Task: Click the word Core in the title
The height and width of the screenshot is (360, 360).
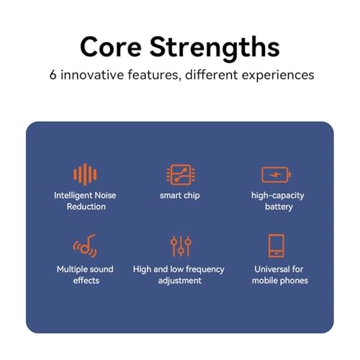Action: point(111,47)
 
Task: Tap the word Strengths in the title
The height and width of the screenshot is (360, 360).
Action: point(215,48)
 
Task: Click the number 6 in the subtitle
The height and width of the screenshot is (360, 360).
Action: point(53,75)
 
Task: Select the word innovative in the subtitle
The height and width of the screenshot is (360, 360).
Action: point(92,75)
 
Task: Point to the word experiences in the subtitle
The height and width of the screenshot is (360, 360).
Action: point(278,76)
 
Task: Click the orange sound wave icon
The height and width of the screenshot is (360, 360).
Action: point(85,174)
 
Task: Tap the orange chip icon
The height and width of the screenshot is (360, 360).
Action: point(181,175)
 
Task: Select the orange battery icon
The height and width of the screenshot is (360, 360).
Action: point(276,175)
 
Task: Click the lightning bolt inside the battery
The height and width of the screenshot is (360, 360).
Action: point(275,175)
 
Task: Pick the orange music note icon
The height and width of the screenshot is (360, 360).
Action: point(85,246)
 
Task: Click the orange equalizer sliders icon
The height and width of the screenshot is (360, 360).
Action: point(181,246)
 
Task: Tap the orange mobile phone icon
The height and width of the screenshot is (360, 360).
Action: point(276,246)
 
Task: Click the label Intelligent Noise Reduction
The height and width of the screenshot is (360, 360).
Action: point(85,201)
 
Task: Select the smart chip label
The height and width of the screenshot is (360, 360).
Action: point(180,196)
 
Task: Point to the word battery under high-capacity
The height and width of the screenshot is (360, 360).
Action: point(279,207)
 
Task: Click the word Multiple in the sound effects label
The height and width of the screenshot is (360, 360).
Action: point(71,269)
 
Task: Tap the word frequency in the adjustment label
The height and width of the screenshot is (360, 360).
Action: point(205,270)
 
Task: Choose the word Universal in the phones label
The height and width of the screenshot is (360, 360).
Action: point(272,269)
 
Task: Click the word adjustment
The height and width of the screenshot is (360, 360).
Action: point(180,281)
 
